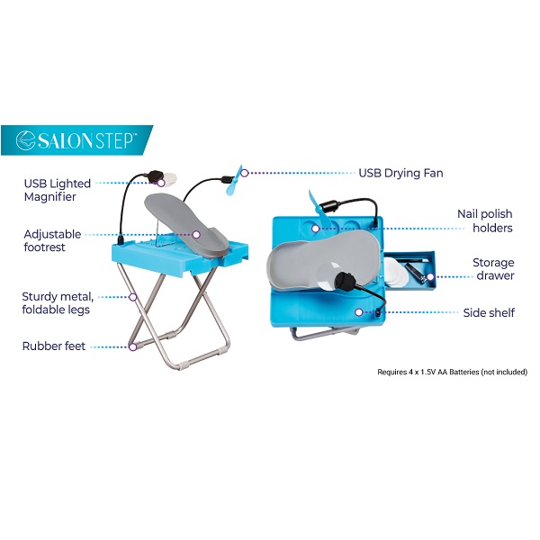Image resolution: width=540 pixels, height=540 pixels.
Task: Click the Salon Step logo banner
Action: (76, 140)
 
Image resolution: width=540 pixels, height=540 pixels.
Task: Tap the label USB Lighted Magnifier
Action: (58, 190)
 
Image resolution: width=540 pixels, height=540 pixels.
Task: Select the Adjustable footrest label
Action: (52, 240)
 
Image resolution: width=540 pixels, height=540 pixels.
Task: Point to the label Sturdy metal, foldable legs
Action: (58, 303)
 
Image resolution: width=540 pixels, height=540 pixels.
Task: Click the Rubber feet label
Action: (54, 346)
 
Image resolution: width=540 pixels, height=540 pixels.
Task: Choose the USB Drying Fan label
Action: (400, 173)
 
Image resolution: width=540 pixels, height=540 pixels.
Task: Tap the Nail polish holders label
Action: (485, 220)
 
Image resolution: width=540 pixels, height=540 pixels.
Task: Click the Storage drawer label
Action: (493, 269)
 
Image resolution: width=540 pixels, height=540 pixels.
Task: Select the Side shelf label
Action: (489, 312)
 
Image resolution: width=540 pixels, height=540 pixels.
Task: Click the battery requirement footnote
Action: (452, 372)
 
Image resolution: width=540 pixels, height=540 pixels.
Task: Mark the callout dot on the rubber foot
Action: (133, 346)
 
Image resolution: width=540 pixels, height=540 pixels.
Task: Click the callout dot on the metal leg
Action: (133, 297)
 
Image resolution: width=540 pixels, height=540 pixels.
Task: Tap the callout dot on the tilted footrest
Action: (196, 235)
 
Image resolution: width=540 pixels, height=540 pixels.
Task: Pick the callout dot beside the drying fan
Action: (245, 173)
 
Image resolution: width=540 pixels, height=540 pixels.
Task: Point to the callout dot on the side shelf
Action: (359, 312)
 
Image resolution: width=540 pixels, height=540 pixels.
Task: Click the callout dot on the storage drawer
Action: (430, 277)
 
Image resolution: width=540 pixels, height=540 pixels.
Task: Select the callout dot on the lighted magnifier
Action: (161, 183)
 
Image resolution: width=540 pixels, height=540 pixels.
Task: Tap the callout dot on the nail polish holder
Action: (316, 229)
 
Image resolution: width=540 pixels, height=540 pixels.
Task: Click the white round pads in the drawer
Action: (393, 272)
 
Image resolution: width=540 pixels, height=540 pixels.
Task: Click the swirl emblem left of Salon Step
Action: (25, 140)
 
